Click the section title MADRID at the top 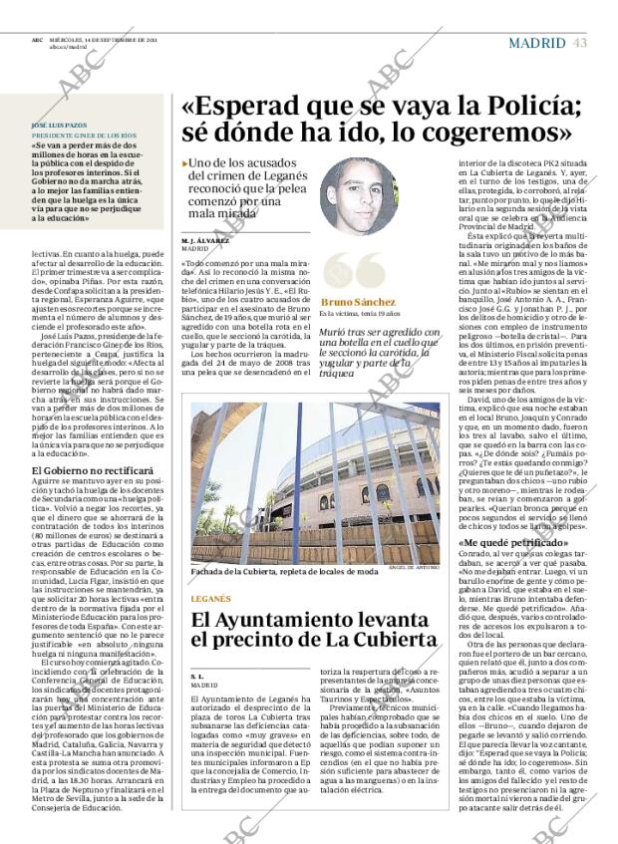(x=538, y=42)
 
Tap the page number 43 (x=580, y=42)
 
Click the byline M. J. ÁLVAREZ (x=205, y=240)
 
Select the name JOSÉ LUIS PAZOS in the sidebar (x=55, y=125)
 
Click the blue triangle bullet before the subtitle (x=185, y=163)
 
